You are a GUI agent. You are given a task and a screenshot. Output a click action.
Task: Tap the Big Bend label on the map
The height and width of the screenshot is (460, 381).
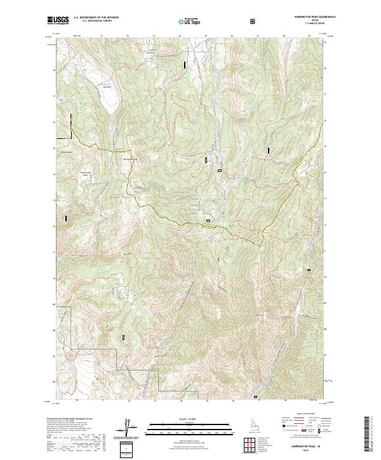point(107,79)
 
